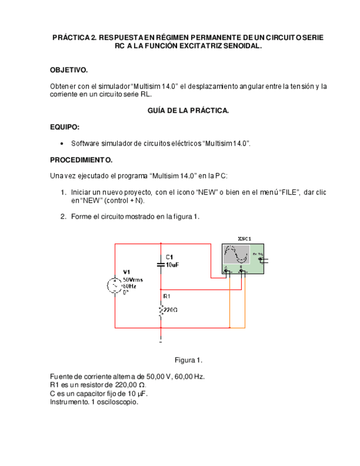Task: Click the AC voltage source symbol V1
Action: [x=115, y=285]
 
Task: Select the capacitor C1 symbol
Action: [x=160, y=264]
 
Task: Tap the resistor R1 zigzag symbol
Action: [x=160, y=311]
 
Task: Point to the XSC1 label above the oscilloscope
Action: [x=245, y=238]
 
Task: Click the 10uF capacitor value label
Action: [x=172, y=264]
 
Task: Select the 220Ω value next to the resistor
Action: [x=170, y=310]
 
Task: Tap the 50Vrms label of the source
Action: [x=132, y=279]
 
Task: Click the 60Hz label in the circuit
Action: [x=129, y=286]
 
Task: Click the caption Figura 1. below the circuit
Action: [x=189, y=360]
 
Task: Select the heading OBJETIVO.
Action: [x=69, y=70]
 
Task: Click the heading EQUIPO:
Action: [x=65, y=127]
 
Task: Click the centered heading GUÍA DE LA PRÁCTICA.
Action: [x=188, y=110]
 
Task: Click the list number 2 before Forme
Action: [x=63, y=217]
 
